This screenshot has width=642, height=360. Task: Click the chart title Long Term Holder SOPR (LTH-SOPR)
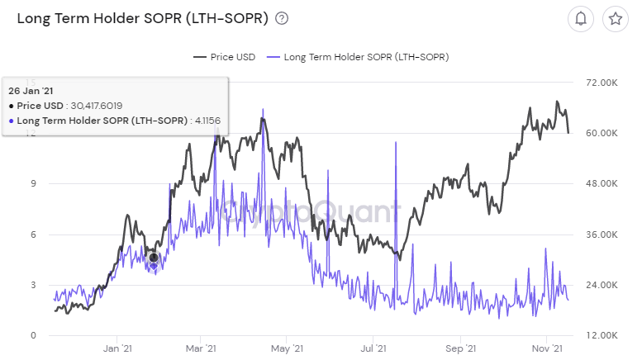pyautogui.click(x=142, y=18)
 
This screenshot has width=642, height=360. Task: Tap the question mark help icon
pyautogui.click(x=282, y=18)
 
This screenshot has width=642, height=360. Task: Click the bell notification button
pyautogui.click(x=581, y=19)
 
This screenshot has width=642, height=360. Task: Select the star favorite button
pyautogui.click(x=615, y=19)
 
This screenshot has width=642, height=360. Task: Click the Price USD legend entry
pyautogui.click(x=224, y=57)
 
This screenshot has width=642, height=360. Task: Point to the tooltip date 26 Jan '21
pyautogui.click(x=31, y=90)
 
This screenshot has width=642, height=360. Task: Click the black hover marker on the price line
pyautogui.click(x=153, y=258)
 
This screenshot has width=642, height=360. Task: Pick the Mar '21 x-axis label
pyautogui.click(x=200, y=349)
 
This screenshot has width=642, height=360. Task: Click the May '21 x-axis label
pyautogui.click(x=285, y=349)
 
